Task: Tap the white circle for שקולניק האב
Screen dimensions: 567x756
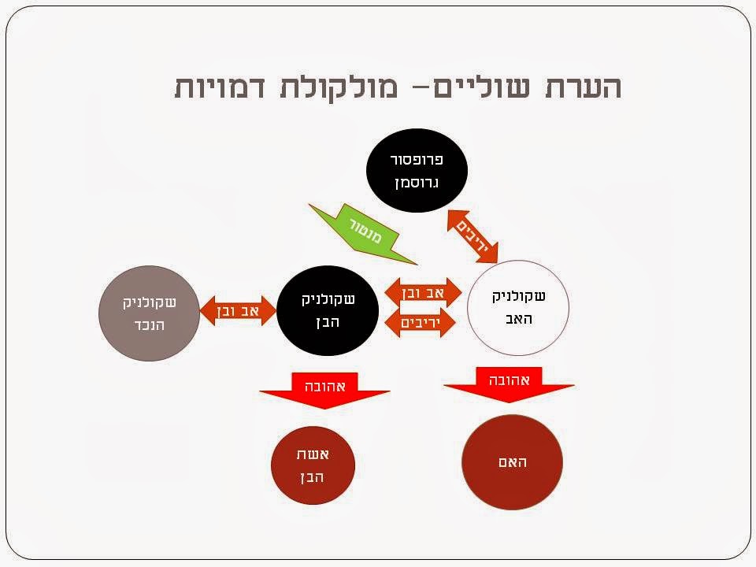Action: [x=517, y=309]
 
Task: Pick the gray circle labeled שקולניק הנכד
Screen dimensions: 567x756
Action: [x=147, y=313]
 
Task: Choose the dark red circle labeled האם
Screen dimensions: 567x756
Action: [x=512, y=461]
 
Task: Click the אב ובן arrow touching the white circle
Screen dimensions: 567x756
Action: [x=423, y=292]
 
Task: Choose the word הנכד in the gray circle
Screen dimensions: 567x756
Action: [x=148, y=325]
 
